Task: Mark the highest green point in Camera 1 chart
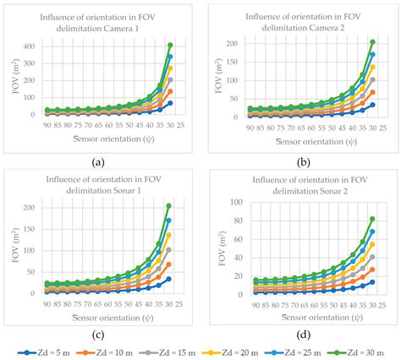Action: tap(170, 45)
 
